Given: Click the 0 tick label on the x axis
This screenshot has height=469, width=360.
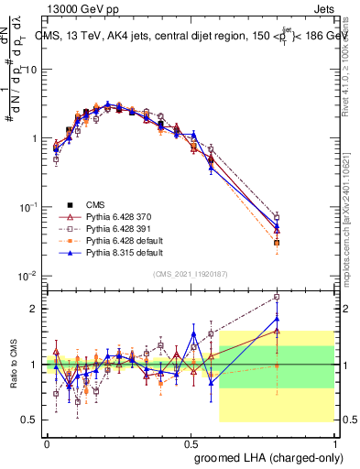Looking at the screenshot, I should (47, 442).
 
